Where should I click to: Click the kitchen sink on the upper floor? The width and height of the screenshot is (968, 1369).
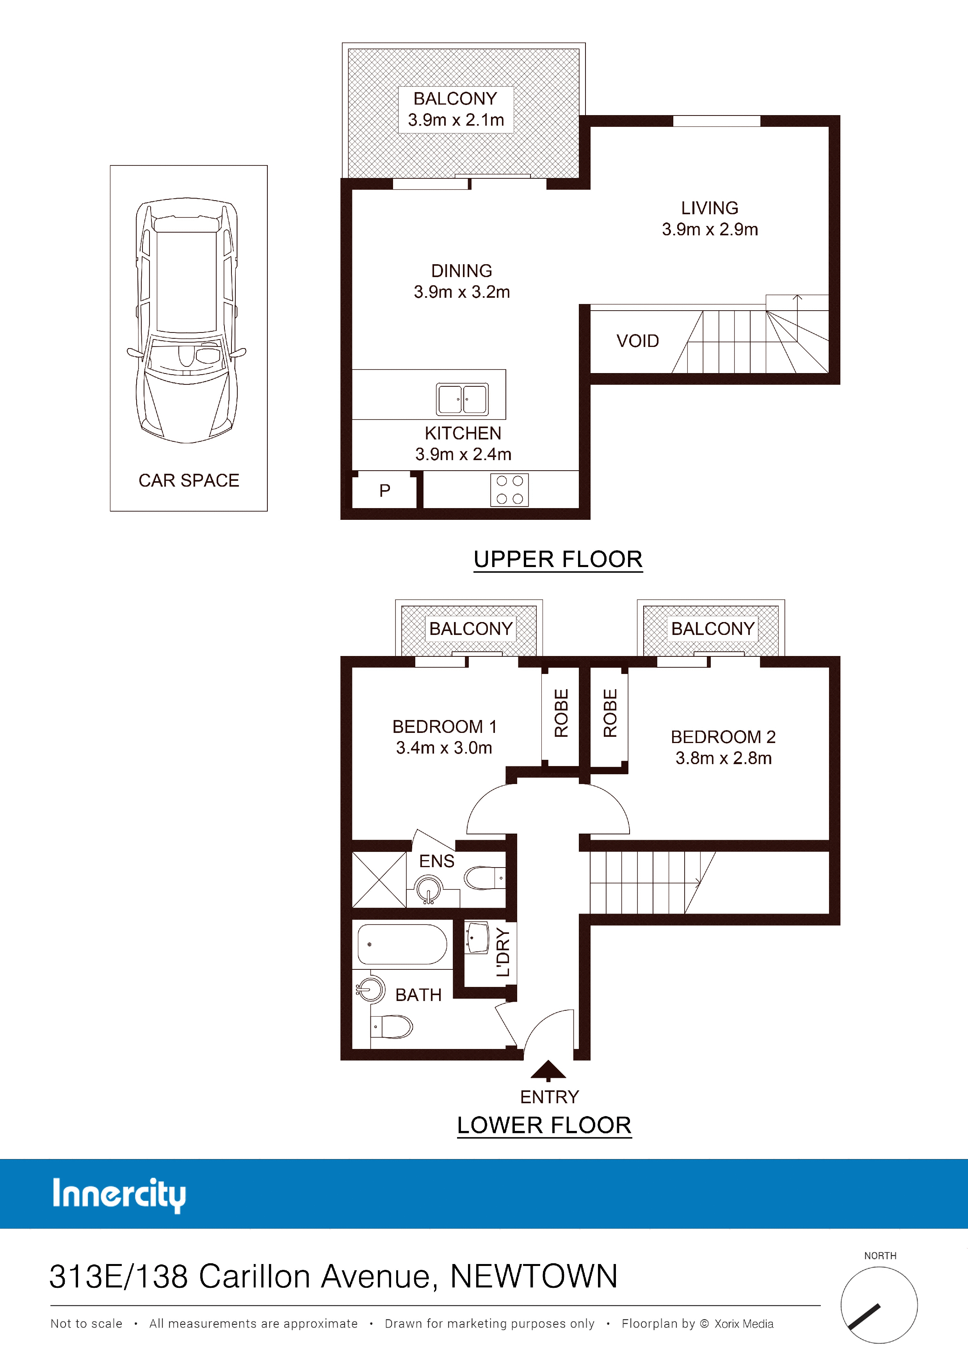pos(462,399)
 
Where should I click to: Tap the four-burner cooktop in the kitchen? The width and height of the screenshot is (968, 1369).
pos(509,489)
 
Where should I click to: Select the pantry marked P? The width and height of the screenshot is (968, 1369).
pos(385,490)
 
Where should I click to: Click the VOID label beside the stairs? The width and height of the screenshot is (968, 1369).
pos(637,341)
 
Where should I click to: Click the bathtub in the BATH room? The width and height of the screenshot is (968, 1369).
pos(402,944)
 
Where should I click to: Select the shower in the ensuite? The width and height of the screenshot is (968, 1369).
pos(379,880)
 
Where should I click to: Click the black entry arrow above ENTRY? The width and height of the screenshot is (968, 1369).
pos(548,1071)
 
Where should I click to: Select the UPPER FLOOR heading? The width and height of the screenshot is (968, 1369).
pos(558,559)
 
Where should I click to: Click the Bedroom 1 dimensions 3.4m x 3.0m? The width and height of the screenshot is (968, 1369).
pos(444,748)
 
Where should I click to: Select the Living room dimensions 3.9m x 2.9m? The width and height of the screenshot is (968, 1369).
pos(710,229)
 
